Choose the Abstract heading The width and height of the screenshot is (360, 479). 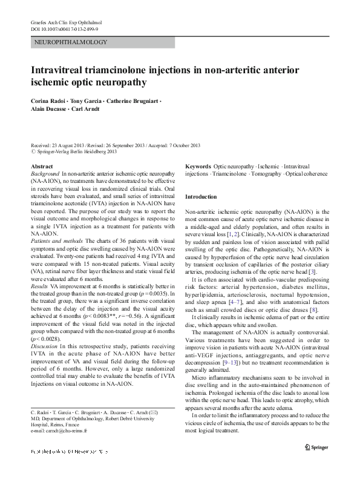coord(41,166)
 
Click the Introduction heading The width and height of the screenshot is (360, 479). coord(201,197)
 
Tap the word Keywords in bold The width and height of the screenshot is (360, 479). coord(198,166)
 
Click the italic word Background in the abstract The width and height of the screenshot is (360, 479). coord(45,173)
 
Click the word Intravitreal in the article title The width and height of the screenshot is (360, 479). coord(61,70)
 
